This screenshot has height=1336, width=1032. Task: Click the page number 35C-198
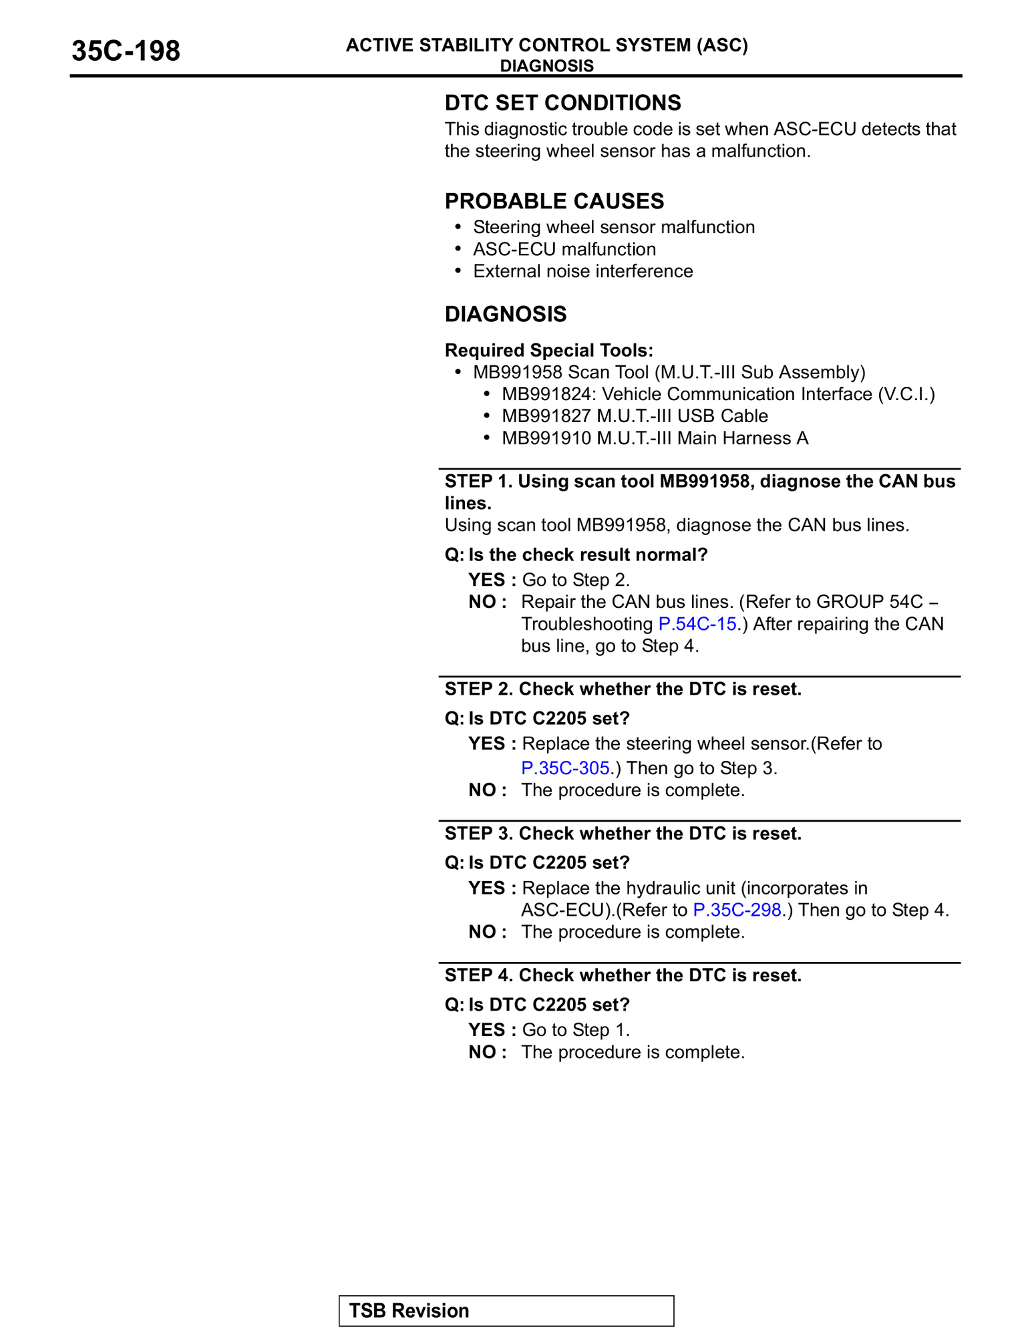(x=126, y=51)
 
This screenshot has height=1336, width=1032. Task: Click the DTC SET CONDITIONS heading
(x=562, y=103)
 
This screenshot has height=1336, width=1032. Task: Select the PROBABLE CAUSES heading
(x=554, y=201)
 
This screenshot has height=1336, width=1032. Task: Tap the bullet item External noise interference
(x=582, y=271)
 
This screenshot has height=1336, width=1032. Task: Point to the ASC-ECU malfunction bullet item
(x=564, y=249)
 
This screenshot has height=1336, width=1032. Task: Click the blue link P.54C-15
(x=697, y=624)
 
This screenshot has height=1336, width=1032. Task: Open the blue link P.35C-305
(x=565, y=768)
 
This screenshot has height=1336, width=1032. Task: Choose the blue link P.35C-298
(x=737, y=910)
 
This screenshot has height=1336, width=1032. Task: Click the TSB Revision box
(x=506, y=1311)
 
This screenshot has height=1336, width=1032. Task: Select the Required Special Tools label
(x=548, y=350)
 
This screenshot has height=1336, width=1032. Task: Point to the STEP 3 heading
(x=623, y=834)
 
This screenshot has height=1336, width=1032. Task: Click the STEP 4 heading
(x=623, y=975)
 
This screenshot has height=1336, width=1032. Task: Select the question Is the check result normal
(x=576, y=555)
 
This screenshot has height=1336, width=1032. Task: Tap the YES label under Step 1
(x=487, y=580)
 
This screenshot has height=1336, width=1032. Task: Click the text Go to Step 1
(x=575, y=1030)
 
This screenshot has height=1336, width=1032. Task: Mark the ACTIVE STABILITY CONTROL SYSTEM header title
(x=546, y=45)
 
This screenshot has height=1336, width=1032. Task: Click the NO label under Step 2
(x=483, y=790)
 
